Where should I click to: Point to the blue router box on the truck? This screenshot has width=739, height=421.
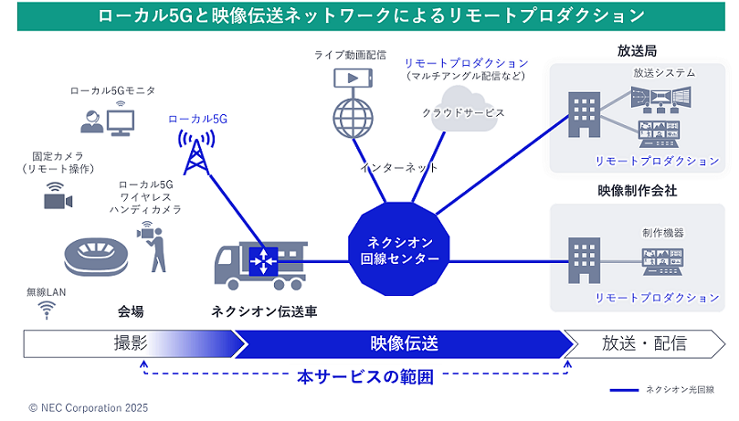(x=263, y=261)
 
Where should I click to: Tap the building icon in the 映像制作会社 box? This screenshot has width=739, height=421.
(x=581, y=259)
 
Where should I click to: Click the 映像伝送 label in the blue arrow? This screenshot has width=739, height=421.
(x=405, y=343)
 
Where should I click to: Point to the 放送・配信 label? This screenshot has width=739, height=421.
(x=644, y=343)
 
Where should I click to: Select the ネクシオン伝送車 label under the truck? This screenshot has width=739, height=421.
(x=265, y=311)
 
